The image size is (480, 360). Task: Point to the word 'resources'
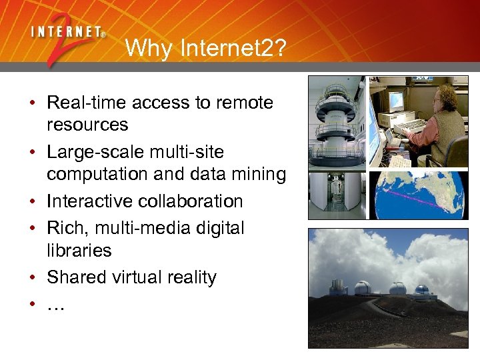coord(87,125)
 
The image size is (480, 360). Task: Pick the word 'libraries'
coord(79,251)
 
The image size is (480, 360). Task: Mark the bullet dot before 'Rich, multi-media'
coord(32,228)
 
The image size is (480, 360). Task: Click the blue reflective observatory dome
coord(421,290)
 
